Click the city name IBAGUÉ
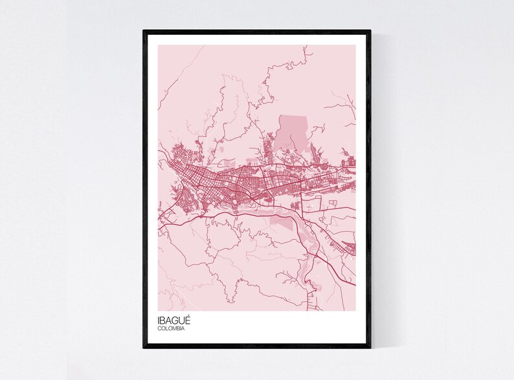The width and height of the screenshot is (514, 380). pyautogui.click(x=173, y=320)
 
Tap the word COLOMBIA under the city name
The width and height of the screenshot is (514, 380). pyautogui.click(x=172, y=329)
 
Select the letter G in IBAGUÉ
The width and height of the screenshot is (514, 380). pyautogui.click(x=175, y=320)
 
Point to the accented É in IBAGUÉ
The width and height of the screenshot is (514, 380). pyautogui.click(x=188, y=319)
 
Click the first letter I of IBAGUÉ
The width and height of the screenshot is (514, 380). pyautogui.click(x=158, y=320)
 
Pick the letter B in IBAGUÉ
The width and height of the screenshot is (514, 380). pyautogui.click(x=162, y=320)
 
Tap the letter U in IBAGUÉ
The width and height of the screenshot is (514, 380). pyautogui.click(x=182, y=320)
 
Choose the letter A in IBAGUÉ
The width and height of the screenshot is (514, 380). pyautogui.click(x=168, y=320)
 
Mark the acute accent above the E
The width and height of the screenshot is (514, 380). pyautogui.click(x=189, y=315)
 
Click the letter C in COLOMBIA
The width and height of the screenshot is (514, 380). pyautogui.click(x=159, y=329)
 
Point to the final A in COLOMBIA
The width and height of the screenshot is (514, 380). pyautogui.click(x=184, y=329)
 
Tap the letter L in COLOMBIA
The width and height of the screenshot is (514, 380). pyautogui.click(x=166, y=329)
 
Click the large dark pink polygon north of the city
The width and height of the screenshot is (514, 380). pyautogui.click(x=293, y=132)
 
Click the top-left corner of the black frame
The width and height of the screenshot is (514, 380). pyautogui.click(x=144, y=31)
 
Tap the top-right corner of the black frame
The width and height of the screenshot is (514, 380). pyautogui.click(x=370, y=31)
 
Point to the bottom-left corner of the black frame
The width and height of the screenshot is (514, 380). pyautogui.click(x=144, y=347)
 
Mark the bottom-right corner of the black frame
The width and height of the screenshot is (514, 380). pyautogui.click(x=370, y=347)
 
